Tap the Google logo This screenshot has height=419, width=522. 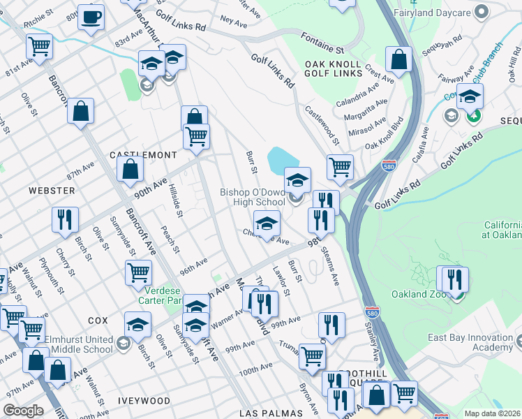click(x=23, y=411)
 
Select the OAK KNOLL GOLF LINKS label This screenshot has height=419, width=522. click(x=333, y=69)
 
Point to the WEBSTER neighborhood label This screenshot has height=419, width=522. click(x=52, y=190)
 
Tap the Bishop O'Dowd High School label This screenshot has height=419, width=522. click(x=253, y=197)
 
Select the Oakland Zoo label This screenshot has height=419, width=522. click(x=418, y=294)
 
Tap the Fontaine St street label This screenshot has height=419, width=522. click(x=322, y=43)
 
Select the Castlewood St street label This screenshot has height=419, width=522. click(x=322, y=125)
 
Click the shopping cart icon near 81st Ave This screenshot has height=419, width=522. click(x=40, y=46)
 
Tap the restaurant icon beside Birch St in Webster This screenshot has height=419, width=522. click(x=64, y=219)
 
